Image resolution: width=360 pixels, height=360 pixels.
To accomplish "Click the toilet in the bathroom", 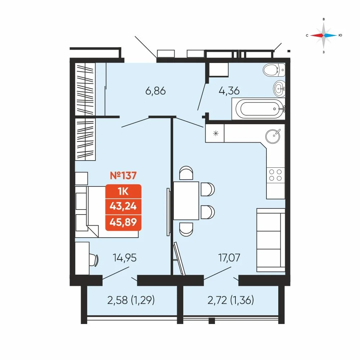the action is [274, 70].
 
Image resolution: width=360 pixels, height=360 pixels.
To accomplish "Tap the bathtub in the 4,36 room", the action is [258, 109].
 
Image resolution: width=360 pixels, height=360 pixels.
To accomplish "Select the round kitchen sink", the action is [273, 136].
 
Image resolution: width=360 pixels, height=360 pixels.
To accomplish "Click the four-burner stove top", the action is [275, 175].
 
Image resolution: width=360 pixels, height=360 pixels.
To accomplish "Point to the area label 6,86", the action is [156, 91].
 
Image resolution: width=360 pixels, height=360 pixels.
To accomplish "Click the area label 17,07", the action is [229, 258].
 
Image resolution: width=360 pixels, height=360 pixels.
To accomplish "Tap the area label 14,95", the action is [125, 258].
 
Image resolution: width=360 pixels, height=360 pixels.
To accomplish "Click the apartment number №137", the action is [123, 176].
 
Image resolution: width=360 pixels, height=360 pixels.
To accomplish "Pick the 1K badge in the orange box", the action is [123, 191].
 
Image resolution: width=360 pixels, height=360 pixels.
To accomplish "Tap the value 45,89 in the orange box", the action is [123, 222].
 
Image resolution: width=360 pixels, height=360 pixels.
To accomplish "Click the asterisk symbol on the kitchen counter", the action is [216, 133].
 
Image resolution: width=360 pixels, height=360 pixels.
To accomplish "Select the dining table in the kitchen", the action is [186, 201].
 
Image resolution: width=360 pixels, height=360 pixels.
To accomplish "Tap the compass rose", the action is [324, 35].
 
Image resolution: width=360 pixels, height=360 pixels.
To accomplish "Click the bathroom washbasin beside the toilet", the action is [279, 89].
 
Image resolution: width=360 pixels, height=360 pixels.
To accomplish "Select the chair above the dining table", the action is [186, 173].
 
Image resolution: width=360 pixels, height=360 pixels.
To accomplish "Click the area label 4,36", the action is [229, 91].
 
